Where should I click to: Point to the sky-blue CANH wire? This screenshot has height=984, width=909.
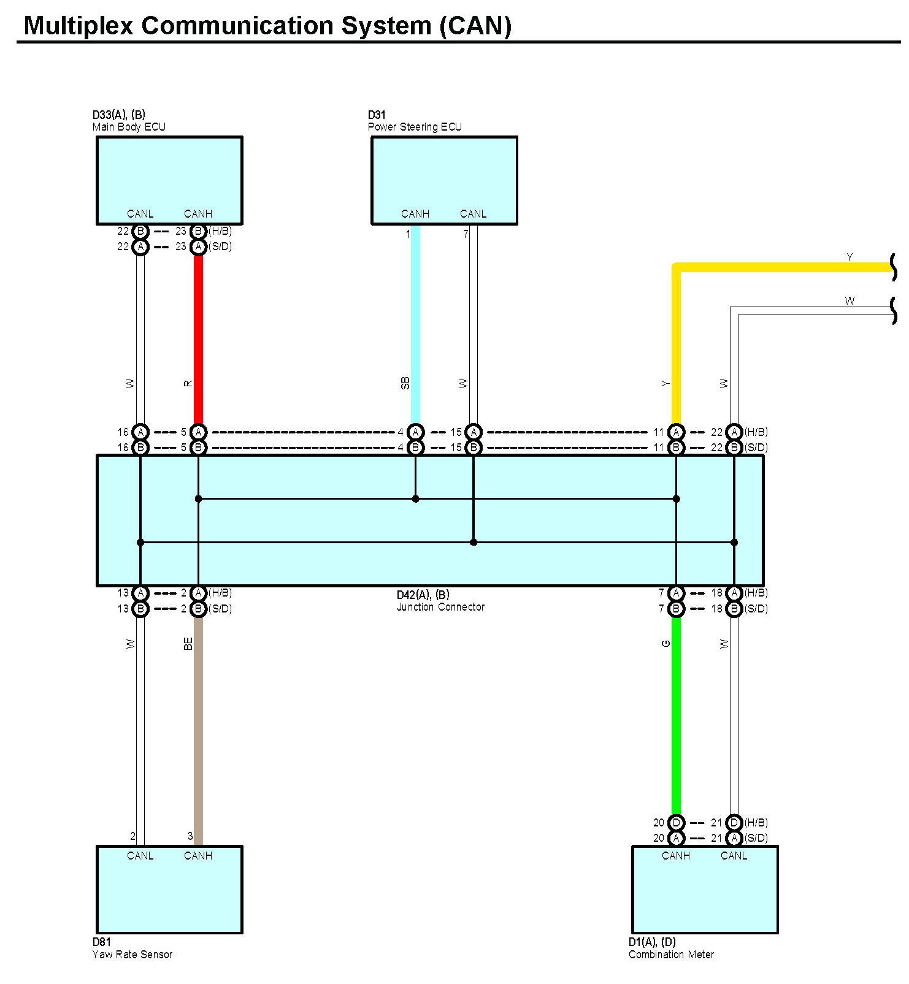pos(415,324)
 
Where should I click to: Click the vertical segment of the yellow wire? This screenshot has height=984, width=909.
pos(676,346)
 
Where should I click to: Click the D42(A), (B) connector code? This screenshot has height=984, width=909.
pos(423,595)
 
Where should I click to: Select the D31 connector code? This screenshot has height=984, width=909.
pos(377,115)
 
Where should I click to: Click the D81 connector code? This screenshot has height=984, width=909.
pos(102,942)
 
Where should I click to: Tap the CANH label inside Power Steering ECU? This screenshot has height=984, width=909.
pos(415,214)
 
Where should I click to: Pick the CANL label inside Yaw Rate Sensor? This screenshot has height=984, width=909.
pos(140,856)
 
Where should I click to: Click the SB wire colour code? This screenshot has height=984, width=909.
pos(405,383)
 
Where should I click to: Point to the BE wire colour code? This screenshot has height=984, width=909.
pos(188,644)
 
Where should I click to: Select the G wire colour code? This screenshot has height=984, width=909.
pos(666,644)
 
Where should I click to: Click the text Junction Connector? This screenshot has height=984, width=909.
pos(440,607)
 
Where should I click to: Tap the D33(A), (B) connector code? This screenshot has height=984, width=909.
pos(119,115)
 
